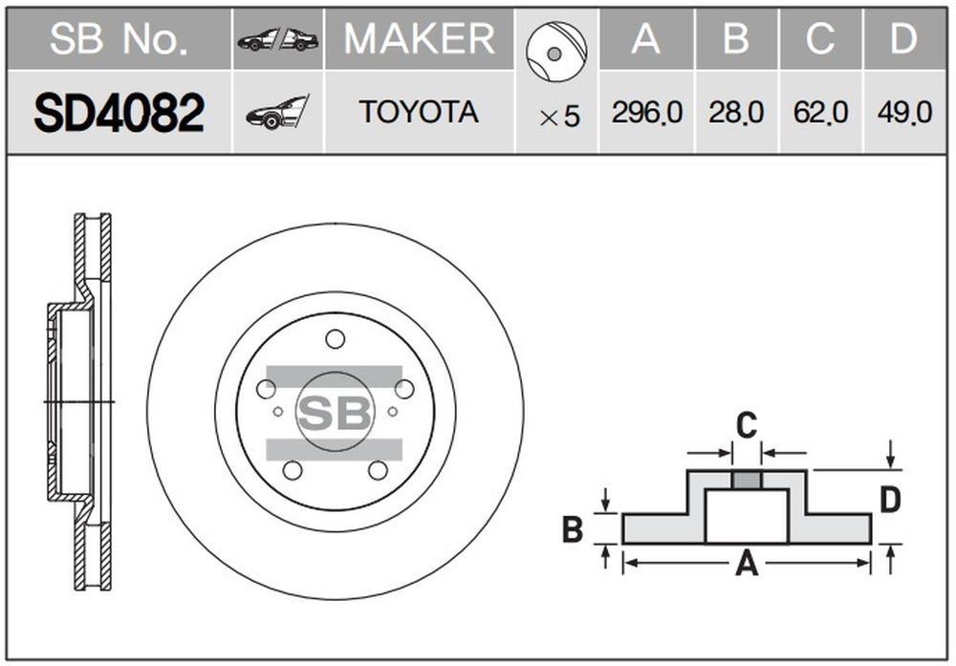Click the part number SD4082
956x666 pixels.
click(119, 113)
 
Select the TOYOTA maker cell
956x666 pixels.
click(419, 112)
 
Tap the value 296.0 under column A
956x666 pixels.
click(647, 113)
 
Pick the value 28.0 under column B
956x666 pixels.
click(736, 113)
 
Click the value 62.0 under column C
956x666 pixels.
click(820, 113)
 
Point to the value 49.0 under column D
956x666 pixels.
click(904, 113)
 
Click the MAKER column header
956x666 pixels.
click(420, 39)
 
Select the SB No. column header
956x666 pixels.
click(119, 39)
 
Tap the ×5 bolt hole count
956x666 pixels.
click(559, 117)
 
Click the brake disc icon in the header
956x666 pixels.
click(555, 52)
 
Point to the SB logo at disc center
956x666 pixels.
click(335, 413)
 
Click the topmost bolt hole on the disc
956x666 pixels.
click(335, 339)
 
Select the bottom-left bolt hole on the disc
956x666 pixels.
click(293, 470)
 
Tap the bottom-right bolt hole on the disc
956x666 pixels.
click(378, 470)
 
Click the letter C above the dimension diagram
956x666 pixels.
click(747, 424)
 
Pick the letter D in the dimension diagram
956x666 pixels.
click(890, 501)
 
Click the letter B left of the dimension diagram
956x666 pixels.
click(573, 529)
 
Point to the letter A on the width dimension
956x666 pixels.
click(747, 564)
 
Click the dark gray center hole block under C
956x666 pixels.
click(747, 481)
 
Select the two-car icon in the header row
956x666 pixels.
click(278, 39)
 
